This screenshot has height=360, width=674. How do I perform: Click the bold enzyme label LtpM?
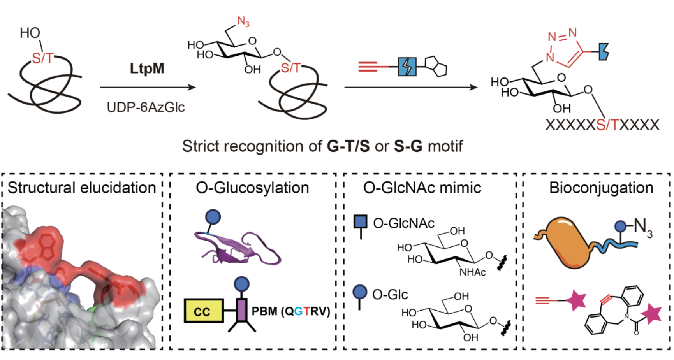147,68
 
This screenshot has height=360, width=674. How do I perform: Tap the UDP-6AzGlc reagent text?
146,107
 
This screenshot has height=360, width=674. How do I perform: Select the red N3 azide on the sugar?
243,21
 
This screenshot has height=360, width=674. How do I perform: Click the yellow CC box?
204,311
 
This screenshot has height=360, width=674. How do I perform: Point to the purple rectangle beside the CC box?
242,310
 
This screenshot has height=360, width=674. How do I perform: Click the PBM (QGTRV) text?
290,311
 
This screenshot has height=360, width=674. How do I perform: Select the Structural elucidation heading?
82,188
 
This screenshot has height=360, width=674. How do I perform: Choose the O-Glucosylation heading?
252,188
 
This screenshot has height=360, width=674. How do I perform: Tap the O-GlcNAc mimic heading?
422,188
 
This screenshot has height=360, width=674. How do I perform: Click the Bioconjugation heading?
601,188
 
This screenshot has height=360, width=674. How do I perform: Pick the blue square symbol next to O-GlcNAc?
361,221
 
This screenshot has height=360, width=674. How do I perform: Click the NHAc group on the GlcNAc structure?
472,272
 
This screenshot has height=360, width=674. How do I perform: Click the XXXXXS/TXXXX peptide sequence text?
602,125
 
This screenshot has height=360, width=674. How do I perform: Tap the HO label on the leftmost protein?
30,33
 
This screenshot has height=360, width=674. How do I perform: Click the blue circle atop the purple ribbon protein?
213,217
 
